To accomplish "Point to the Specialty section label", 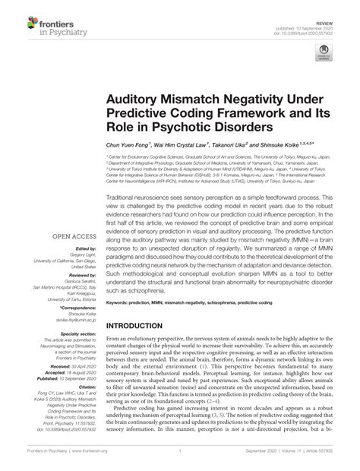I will coord(74,333).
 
